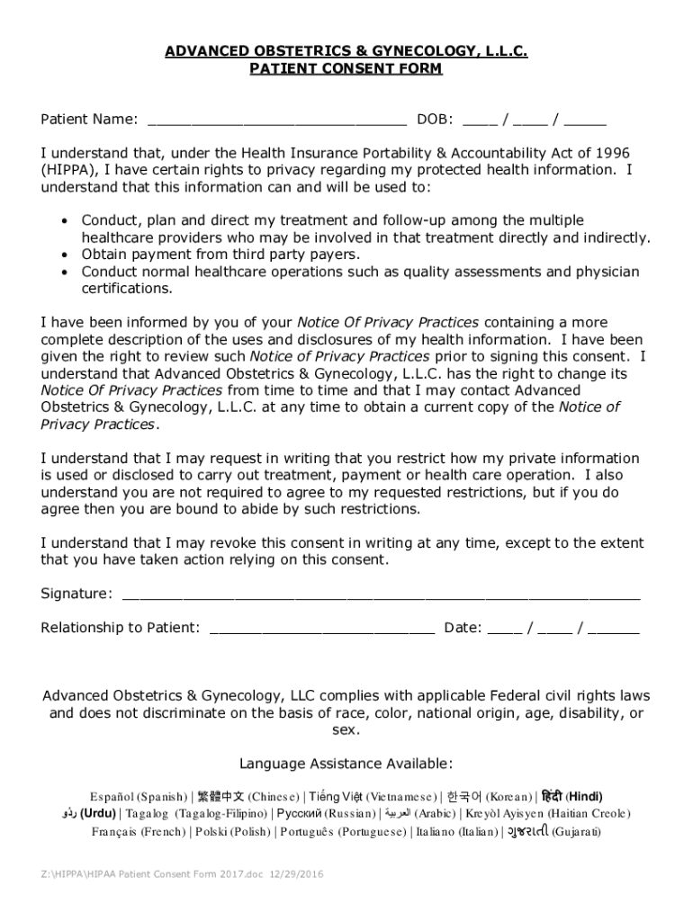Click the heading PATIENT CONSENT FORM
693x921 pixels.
[346, 69]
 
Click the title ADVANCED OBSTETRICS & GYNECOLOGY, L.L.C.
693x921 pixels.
[346, 52]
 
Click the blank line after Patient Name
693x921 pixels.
[276, 121]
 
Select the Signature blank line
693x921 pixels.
[381, 595]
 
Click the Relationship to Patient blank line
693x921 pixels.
[321, 630]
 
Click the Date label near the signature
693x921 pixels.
[462, 628]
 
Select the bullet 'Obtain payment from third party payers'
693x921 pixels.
[220, 255]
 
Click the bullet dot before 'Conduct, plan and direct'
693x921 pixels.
[64, 221]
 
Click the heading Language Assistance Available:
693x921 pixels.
[346, 765]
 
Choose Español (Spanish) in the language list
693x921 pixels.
[138, 797]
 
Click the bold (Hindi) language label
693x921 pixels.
[584, 796]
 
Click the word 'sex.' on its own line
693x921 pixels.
[346, 730]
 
